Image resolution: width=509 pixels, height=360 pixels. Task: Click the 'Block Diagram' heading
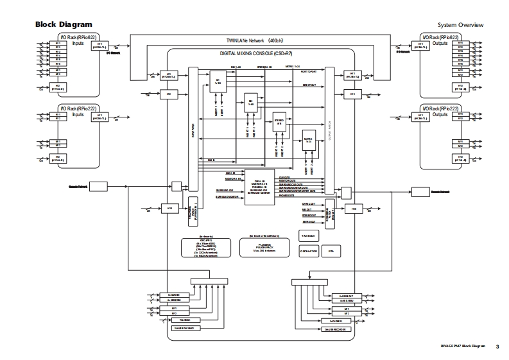click(x=64, y=24)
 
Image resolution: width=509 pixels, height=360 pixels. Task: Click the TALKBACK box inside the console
click(x=309, y=236)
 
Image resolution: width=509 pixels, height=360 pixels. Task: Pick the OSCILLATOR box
click(x=309, y=252)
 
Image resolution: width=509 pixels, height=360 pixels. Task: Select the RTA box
click(x=331, y=252)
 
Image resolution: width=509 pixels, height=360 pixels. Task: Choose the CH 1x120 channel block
click(x=218, y=82)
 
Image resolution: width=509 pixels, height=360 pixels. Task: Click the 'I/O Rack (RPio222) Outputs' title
click(x=440, y=111)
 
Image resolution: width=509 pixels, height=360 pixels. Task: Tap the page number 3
click(x=497, y=347)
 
